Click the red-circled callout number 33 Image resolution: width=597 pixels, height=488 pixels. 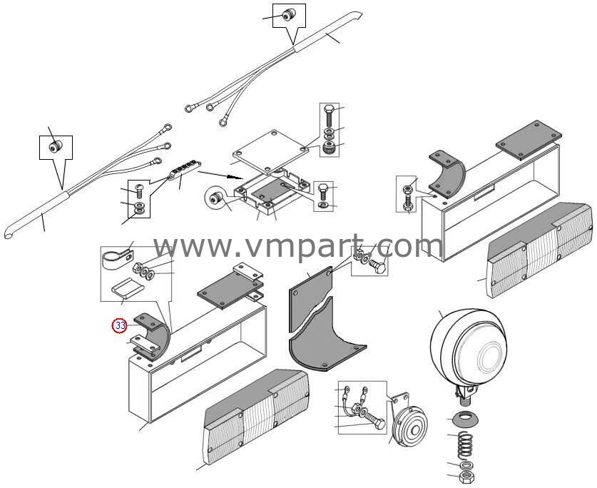pyautogui.click(x=121, y=326)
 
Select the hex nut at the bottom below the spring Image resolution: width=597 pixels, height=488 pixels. pyautogui.click(x=466, y=477)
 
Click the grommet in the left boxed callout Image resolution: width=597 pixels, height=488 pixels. pyautogui.click(x=56, y=146)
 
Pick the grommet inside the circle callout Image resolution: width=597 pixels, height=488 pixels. pyautogui.click(x=216, y=198)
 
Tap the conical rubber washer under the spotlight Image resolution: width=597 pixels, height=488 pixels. pyautogui.click(x=463, y=420)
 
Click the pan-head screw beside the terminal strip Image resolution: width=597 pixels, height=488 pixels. pyautogui.click(x=139, y=191)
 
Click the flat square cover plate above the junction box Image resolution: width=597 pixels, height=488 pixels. pyautogui.click(x=270, y=150)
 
